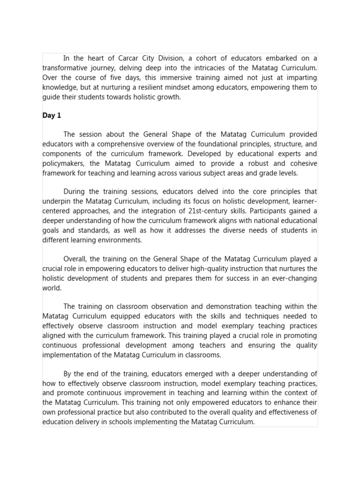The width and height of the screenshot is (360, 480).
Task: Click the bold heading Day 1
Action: (52, 115)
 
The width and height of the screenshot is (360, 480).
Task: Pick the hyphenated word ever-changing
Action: (294, 278)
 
